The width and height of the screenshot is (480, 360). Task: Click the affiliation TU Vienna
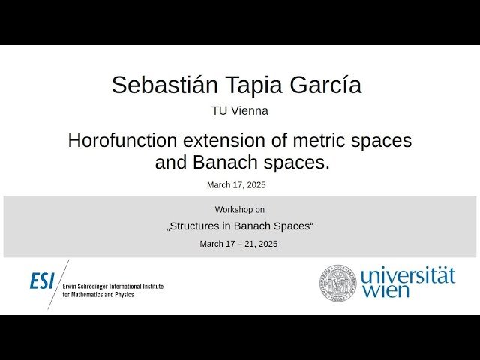click(240, 111)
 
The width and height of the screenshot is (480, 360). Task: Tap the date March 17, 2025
click(236, 184)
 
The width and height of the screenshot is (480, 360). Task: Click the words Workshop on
click(239, 210)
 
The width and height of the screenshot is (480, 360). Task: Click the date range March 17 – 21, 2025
click(238, 244)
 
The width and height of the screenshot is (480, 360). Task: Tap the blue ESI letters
click(42, 281)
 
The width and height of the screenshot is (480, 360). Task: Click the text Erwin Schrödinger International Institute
click(112, 286)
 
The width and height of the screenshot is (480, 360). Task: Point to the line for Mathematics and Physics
click(97, 295)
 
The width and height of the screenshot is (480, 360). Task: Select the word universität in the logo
click(407, 274)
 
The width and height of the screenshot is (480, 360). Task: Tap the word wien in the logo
click(385, 290)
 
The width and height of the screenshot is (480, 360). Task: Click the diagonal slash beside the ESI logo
click(57, 283)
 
